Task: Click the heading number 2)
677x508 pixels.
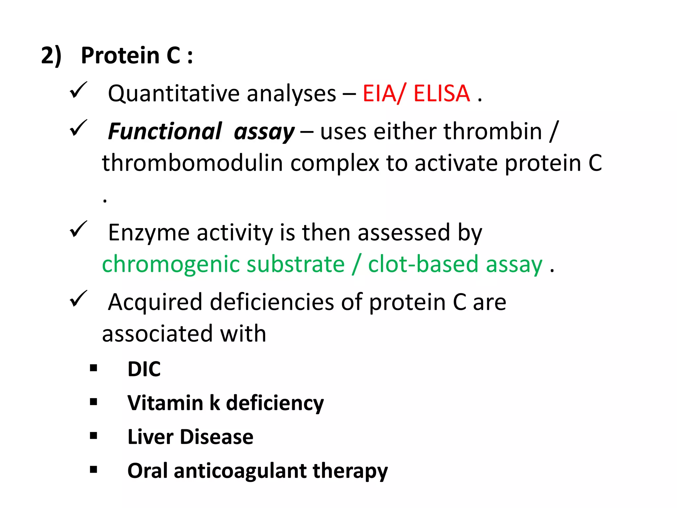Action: click(51, 56)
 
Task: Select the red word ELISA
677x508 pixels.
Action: click(442, 94)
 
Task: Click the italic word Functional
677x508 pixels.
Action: click(165, 132)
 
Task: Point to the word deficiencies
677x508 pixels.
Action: click(272, 302)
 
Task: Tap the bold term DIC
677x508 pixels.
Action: click(144, 369)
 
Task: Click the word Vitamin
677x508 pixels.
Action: click(165, 403)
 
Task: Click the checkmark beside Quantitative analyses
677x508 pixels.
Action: click(78, 90)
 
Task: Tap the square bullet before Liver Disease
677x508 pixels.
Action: click(94, 436)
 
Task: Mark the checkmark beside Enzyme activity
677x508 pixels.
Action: click(78, 229)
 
